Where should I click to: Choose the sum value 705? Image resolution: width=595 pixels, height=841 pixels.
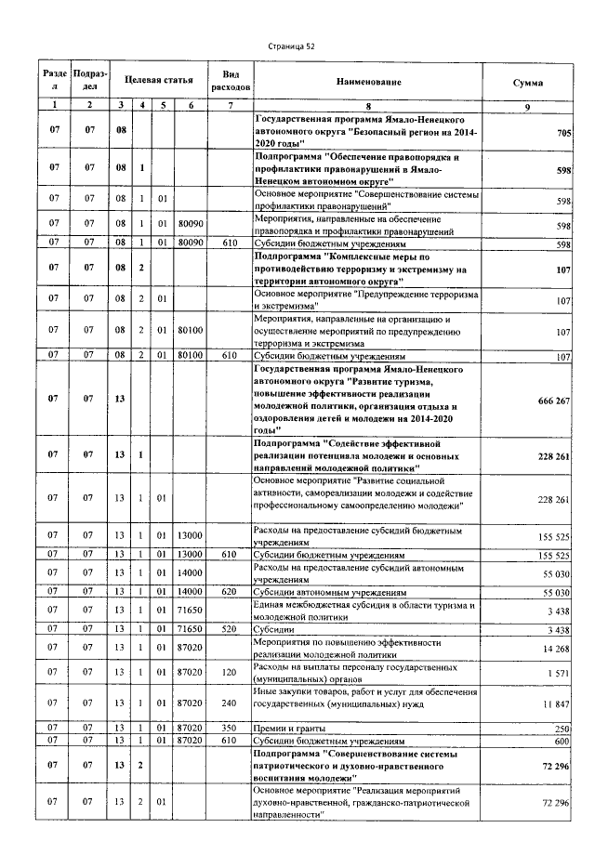click(562, 134)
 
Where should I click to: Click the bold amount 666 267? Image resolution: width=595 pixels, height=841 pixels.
click(549, 399)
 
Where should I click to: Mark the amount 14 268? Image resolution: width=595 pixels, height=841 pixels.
click(553, 649)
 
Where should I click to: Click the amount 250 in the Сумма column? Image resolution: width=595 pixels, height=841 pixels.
click(562, 729)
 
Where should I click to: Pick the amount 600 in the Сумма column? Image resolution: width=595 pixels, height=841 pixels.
click(562, 741)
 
